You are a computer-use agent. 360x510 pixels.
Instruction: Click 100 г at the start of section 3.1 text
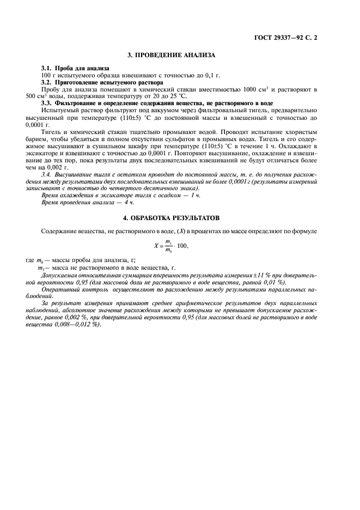48,75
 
